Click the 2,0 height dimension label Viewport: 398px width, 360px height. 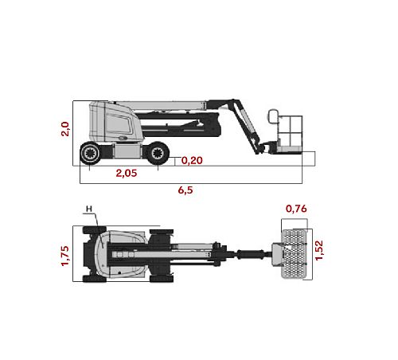pos(65,129)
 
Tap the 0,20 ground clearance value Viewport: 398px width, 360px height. pos(192,160)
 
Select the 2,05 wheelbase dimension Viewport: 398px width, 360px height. pos(127,173)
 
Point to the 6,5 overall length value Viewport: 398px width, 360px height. pos(185,190)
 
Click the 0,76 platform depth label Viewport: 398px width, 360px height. pos(296,209)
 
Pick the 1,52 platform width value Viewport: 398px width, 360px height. pos(319,250)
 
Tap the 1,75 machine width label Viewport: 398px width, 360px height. pos(65,256)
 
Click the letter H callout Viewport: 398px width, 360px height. pos(89,209)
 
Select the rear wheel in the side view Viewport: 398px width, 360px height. pos(91,153)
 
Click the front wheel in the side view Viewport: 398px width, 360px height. pos(158,153)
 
